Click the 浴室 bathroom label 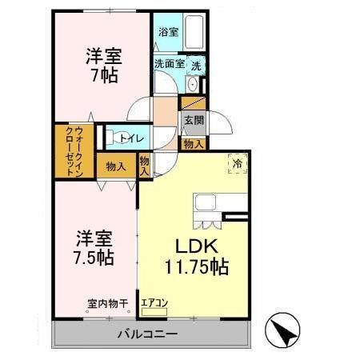pos(168,32)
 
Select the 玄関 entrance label pos(193,121)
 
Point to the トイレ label pos(132,138)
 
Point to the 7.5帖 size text pos(95,258)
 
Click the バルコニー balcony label pos(150,332)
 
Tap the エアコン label pos(154,304)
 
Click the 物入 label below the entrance pos(193,144)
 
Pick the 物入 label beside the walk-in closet pos(116,166)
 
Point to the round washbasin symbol pos(192,84)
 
